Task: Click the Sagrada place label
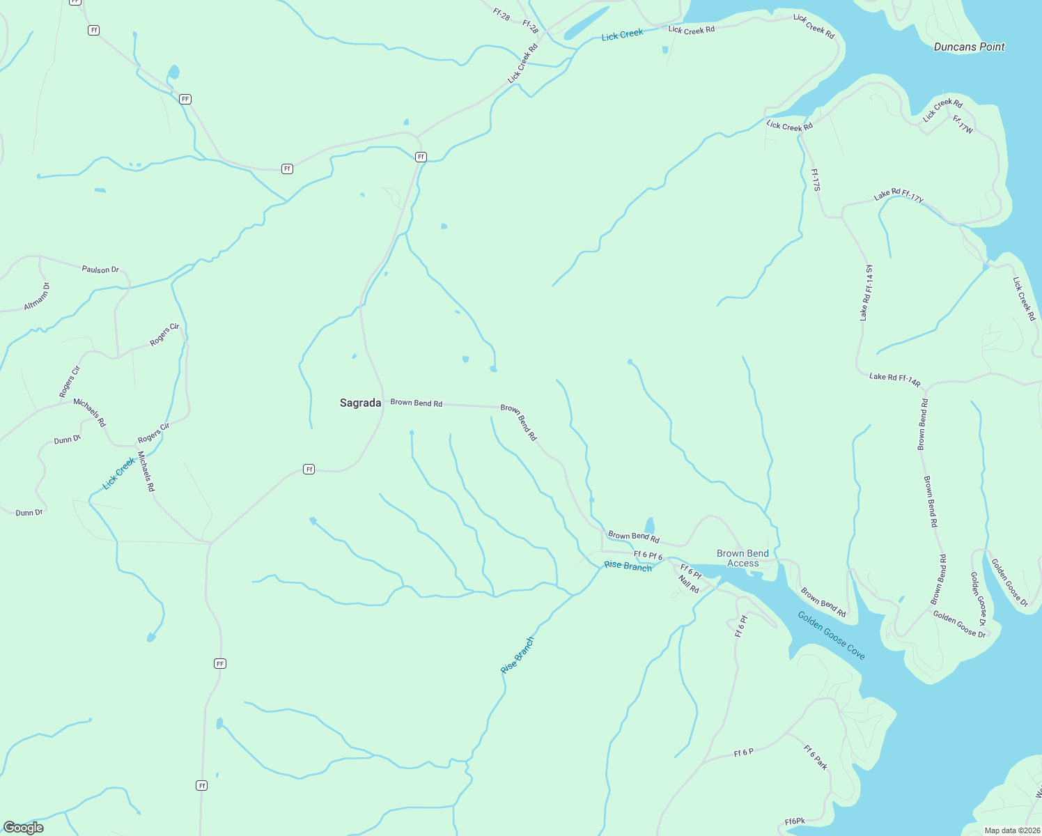pos(360,403)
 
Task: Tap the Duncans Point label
pos(969,47)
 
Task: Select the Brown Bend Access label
pos(742,558)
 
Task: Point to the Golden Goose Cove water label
pos(831,635)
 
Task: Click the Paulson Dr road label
pos(100,270)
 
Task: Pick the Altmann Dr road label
pos(37,296)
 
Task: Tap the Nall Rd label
pos(688,585)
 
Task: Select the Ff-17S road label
pos(816,180)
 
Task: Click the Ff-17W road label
pos(963,125)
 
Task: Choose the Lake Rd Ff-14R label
pos(894,380)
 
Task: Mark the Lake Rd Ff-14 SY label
pos(866,293)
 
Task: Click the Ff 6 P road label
pos(743,753)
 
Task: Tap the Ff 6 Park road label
pos(816,757)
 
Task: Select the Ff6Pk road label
pos(795,821)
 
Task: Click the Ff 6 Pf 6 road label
pos(648,556)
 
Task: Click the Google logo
pos(24,827)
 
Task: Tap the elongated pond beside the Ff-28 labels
pos(586,23)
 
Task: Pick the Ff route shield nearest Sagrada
pos(309,470)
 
